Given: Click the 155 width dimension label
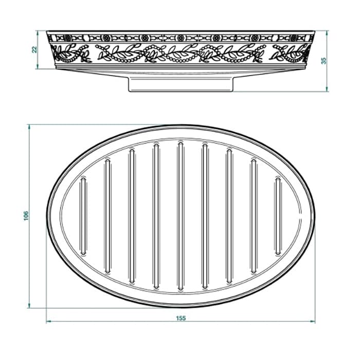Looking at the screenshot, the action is (x=181, y=318).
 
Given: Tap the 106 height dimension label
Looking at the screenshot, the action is (x=26, y=216).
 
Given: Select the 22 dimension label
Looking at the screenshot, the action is (x=34, y=49).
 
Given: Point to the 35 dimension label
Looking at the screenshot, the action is (x=323, y=61).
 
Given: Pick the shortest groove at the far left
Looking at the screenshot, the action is (x=83, y=216).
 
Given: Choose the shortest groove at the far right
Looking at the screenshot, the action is (x=278, y=216).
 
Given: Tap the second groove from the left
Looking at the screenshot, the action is (x=107, y=216).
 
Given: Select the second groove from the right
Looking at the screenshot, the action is (x=254, y=216).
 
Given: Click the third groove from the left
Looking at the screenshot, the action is (x=132, y=216).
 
